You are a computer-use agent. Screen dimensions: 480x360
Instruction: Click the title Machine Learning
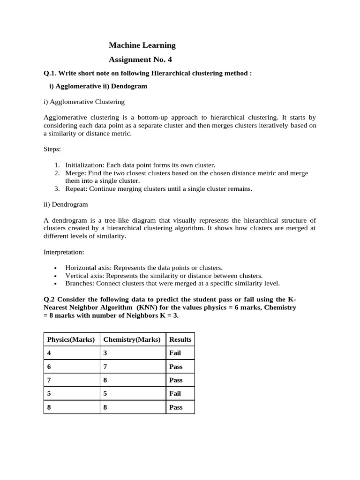pos(142,45)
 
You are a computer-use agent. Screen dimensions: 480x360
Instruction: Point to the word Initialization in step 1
pos(84,165)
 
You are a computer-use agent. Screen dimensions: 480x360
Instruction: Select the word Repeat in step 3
pos(76,188)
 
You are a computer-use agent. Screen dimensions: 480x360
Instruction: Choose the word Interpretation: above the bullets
pos(64,252)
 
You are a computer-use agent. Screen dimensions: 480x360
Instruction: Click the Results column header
pos(180,339)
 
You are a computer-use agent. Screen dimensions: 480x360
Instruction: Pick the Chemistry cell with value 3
pos(105,353)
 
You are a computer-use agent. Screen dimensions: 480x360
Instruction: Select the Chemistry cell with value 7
pos(105,367)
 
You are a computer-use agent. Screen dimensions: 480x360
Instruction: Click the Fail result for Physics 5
pos(175,394)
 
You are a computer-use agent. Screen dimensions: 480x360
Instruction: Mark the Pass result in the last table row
pos(176,407)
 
